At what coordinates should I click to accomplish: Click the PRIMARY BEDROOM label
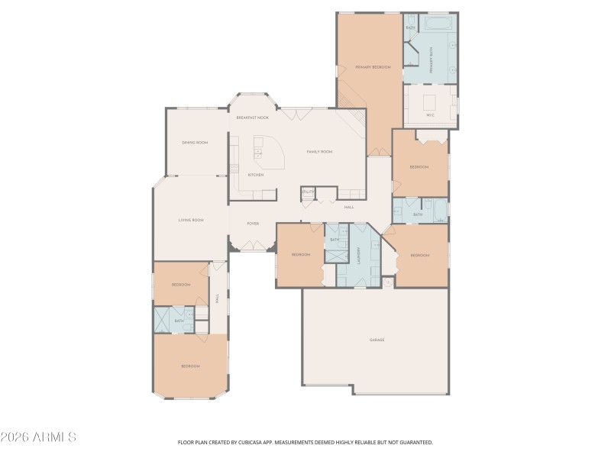pyautogui.click(x=373, y=67)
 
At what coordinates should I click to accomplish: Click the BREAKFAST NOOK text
pyautogui.click(x=252, y=118)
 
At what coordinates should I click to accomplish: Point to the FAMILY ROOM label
pyautogui.click(x=319, y=152)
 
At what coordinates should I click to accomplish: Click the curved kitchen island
pyautogui.click(x=269, y=154)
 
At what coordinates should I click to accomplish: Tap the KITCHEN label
pyautogui.click(x=255, y=175)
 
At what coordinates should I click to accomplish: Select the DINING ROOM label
pyautogui.click(x=195, y=143)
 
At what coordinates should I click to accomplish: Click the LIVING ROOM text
pyautogui.click(x=191, y=221)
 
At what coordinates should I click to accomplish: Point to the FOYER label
pyautogui.click(x=252, y=224)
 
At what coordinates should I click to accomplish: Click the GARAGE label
pyautogui.click(x=377, y=340)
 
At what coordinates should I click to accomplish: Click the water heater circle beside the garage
pyautogui.click(x=387, y=283)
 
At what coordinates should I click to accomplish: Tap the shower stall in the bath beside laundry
pyautogui.click(x=335, y=253)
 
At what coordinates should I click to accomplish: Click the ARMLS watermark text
pyautogui.click(x=38, y=437)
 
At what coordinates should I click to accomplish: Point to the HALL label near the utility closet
pyautogui.click(x=349, y=207)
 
